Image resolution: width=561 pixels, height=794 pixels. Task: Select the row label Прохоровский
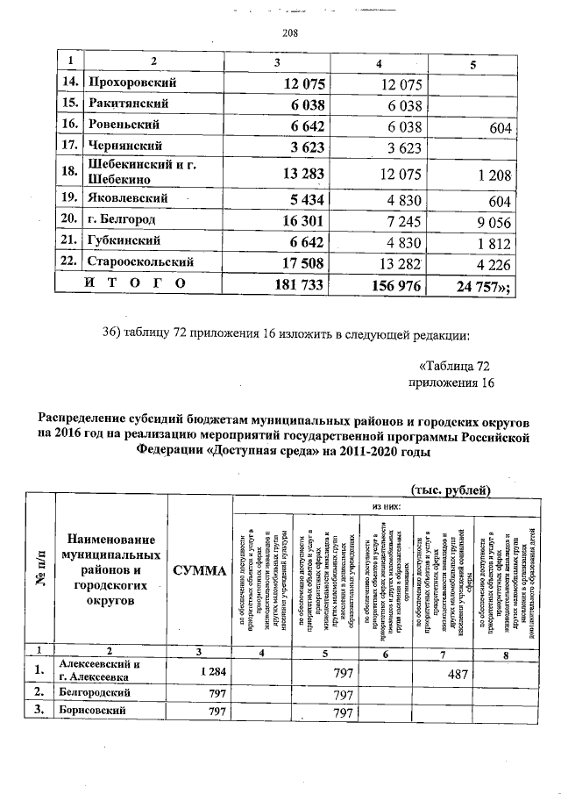coord(132,83)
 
